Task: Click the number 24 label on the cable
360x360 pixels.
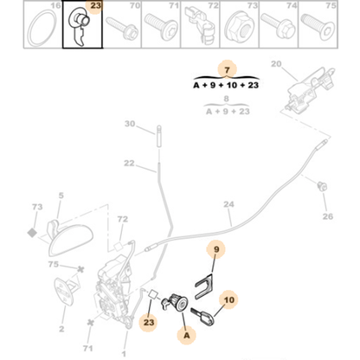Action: coord(228,206)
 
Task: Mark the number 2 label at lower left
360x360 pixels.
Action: coord(61,329)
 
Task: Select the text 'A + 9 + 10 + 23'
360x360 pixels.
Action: coord(225,85)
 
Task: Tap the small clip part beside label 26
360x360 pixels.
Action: coord(322,186)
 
